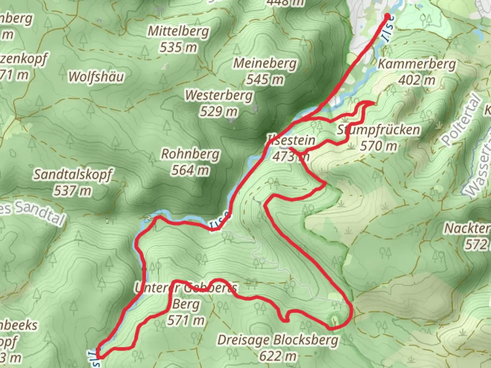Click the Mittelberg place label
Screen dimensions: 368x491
tap(178, 31)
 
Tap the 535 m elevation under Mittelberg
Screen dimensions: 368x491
tap(178, 47)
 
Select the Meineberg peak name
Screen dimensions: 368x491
tap(265, 63)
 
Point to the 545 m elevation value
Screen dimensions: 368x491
tap(265, 80)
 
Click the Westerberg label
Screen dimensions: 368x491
tap(219, 95)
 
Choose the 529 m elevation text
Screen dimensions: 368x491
tap(219, 111)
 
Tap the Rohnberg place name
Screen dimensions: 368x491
tap(190, 154)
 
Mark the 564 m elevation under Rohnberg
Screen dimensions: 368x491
tap(190, 170)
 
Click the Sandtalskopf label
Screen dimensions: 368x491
tap(72, 174)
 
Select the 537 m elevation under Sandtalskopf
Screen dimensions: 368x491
tap(72, 191)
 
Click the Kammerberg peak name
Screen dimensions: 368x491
tap(417, 64)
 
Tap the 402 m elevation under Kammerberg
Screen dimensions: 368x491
tap(417, 80)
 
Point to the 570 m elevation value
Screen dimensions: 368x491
tap(378, 146)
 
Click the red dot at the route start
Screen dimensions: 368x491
tap(387, 16)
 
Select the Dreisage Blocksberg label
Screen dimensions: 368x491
tap(278, 340)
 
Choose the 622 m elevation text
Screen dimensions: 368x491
tap(278, 356)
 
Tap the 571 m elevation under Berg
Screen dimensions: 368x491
tap(186, 320)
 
